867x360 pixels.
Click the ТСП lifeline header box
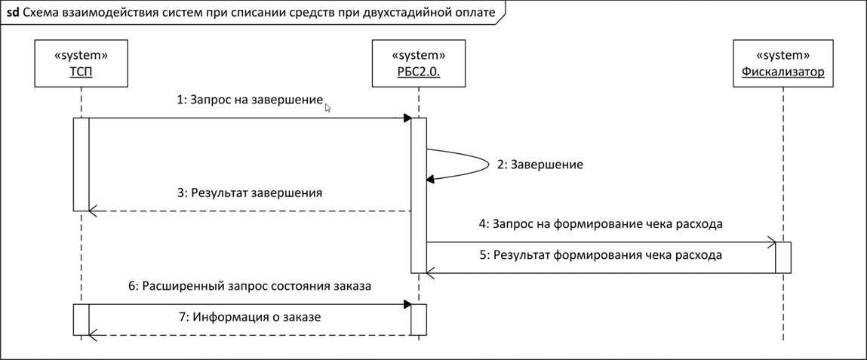coord(81,63)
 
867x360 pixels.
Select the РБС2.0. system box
coord(419,63)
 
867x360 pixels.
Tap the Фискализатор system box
coord(783,63)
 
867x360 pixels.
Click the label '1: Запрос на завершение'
coord(250,100)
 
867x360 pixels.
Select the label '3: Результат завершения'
coord(249,193)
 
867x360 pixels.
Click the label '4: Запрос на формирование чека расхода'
coord(601,224)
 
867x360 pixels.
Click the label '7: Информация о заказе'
coord(249,318)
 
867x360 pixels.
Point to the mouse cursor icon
coord(328,109)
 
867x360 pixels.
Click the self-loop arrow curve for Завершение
coord(489,165)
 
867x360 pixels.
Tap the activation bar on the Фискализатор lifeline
coord(783,257)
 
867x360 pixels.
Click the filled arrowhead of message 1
coord(407,118)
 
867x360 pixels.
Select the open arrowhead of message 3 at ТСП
coord(93,211)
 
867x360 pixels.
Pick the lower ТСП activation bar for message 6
coord(81,320)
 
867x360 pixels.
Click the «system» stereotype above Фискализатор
coord(783,55)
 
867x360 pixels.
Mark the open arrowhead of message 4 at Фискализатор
coord(770,242)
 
